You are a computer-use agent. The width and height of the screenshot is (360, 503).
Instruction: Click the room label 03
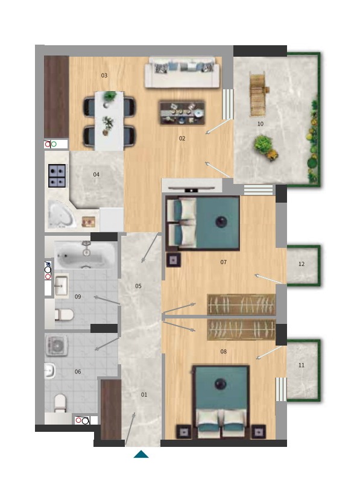(104, 75)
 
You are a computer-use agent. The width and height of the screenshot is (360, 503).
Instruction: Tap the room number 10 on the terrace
(261, 124)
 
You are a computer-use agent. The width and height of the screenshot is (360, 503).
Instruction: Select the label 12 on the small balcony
(302, 264)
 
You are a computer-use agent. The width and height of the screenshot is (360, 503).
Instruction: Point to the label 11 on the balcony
(302, 365)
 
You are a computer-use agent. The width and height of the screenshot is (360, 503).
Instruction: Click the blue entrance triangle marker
(141, 454)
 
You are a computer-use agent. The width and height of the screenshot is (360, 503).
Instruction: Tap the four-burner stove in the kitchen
(57, 176)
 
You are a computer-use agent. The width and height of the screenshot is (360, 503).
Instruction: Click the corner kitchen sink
(62, 214)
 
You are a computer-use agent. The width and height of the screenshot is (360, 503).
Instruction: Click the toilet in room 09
(64, 315)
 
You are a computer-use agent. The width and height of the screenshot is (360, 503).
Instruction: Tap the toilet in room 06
(60, 403)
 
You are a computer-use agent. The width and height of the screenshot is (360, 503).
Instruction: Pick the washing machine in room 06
(57, 346)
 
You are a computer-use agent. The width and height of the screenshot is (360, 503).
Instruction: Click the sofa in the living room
(182, 72)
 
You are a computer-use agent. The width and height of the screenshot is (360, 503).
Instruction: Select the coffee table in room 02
(182, 113)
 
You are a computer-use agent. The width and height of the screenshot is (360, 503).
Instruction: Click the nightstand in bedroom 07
(174, 260)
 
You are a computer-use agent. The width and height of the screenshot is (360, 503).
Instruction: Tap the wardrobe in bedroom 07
(241, 304)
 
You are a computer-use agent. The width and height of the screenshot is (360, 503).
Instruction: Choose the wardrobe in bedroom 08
(241, 329)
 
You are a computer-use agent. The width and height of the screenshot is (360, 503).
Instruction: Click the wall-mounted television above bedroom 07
(192, 189)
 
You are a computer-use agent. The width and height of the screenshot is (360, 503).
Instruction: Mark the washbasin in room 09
(62, 286)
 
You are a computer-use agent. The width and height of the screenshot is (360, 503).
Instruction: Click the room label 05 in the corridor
(138, 286)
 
